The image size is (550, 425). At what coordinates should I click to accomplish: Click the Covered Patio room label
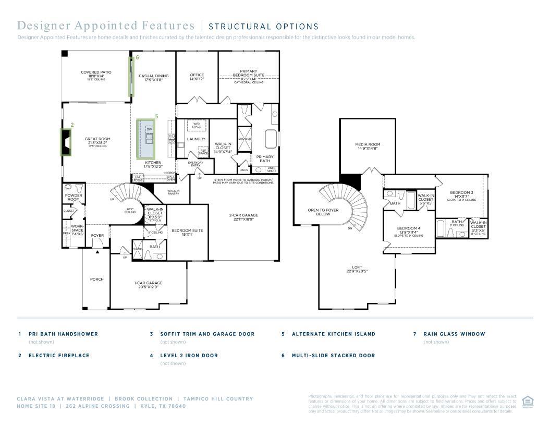pyautogui.click(x=96, y=74)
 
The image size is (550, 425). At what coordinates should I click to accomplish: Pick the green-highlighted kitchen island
pyautogui.click(x=146, y=139)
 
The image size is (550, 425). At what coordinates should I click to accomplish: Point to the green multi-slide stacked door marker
pyautogui.click(x=131, y=77)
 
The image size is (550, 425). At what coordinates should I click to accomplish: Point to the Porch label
pyautogui.click(x=96, y=279)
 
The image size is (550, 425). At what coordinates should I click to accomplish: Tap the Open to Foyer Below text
pyautogui.click(x=323, y=212)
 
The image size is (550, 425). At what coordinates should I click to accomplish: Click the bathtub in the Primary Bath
pyautogui.click(x=271, y=139)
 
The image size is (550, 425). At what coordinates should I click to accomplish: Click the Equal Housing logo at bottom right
pyautogui.click(x=527, y=402)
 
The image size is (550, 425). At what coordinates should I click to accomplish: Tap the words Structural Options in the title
pyautogui.click(x=263, y=27)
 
